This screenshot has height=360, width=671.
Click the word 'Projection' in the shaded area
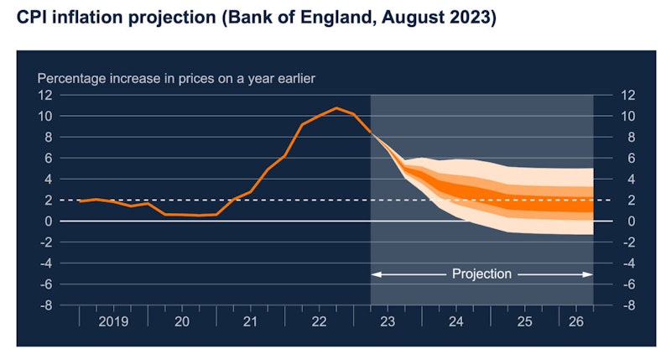pos(481,274)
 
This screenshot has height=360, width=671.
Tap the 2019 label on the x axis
pos(112,322)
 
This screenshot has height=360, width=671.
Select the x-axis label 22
pos(319,322)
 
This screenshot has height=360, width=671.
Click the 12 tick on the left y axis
pos(44,95)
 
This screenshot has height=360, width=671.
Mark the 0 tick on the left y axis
pos(49,221)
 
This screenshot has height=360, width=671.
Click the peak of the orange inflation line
pos(336,107)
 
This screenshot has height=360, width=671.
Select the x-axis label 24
pos(456,322)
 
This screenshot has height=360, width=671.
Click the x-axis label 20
pos(181,322)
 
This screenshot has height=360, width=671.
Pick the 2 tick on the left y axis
pos(49,200)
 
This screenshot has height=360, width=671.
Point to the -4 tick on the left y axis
pos(46,263)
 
